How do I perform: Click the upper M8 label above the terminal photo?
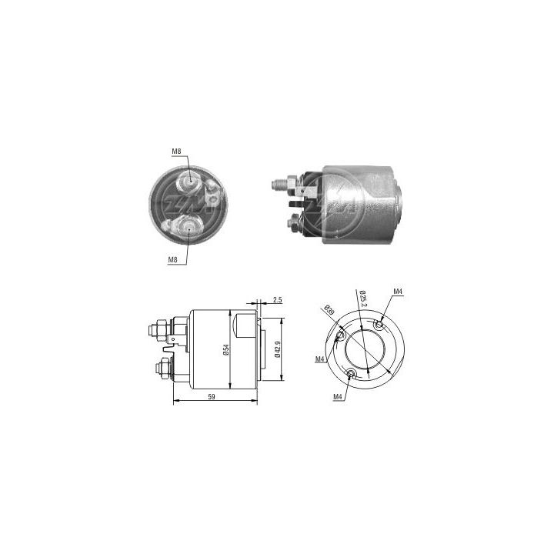(175, 152)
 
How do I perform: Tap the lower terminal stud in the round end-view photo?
(189, 225)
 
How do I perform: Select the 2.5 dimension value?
(278, 300)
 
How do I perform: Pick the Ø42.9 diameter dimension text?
(276, 350)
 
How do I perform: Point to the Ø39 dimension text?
(329, 311)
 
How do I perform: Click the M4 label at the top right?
(398, 292)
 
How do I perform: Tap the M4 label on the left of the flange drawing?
(320, 359)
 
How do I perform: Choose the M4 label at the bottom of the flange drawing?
(338, 396)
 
